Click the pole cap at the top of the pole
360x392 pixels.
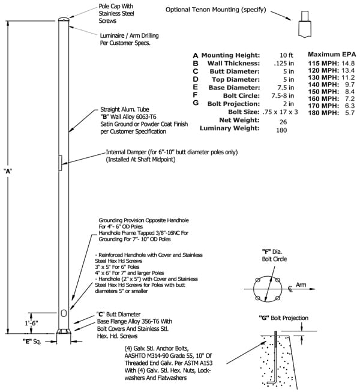click(x=64, y=19)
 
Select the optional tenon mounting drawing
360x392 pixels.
click(x=305, y=25)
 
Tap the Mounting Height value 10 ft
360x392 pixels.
click(x=286, y=55)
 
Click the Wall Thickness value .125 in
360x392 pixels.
click(x=284, y=63)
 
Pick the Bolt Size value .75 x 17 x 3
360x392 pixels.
click(x=280, y=112)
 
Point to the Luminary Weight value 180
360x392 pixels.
click(x=281, y=130)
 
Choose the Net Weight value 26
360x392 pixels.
click(x=283, y=122)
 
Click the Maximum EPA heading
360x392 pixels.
click(x=332, y=54)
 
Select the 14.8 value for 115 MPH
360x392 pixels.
click(x=348, y=63)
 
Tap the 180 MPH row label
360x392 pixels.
click(x=323, y=113)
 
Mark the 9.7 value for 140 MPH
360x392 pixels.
click(x=350, y=85)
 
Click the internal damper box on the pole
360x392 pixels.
click(x=60, y=163)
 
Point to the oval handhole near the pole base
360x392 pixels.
click(x=64, y=313)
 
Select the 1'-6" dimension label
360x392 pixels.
click(x=31, y=323)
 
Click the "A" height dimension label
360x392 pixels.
click(x=8, y=171)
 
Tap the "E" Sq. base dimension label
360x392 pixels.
click(x=32, y=342)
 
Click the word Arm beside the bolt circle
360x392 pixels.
click(x=301, y=285)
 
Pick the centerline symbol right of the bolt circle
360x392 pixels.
click(x=290, y=289)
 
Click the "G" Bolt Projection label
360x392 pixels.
click(x=284, y=318)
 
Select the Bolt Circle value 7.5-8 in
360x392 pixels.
click(x=283, y=96)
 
